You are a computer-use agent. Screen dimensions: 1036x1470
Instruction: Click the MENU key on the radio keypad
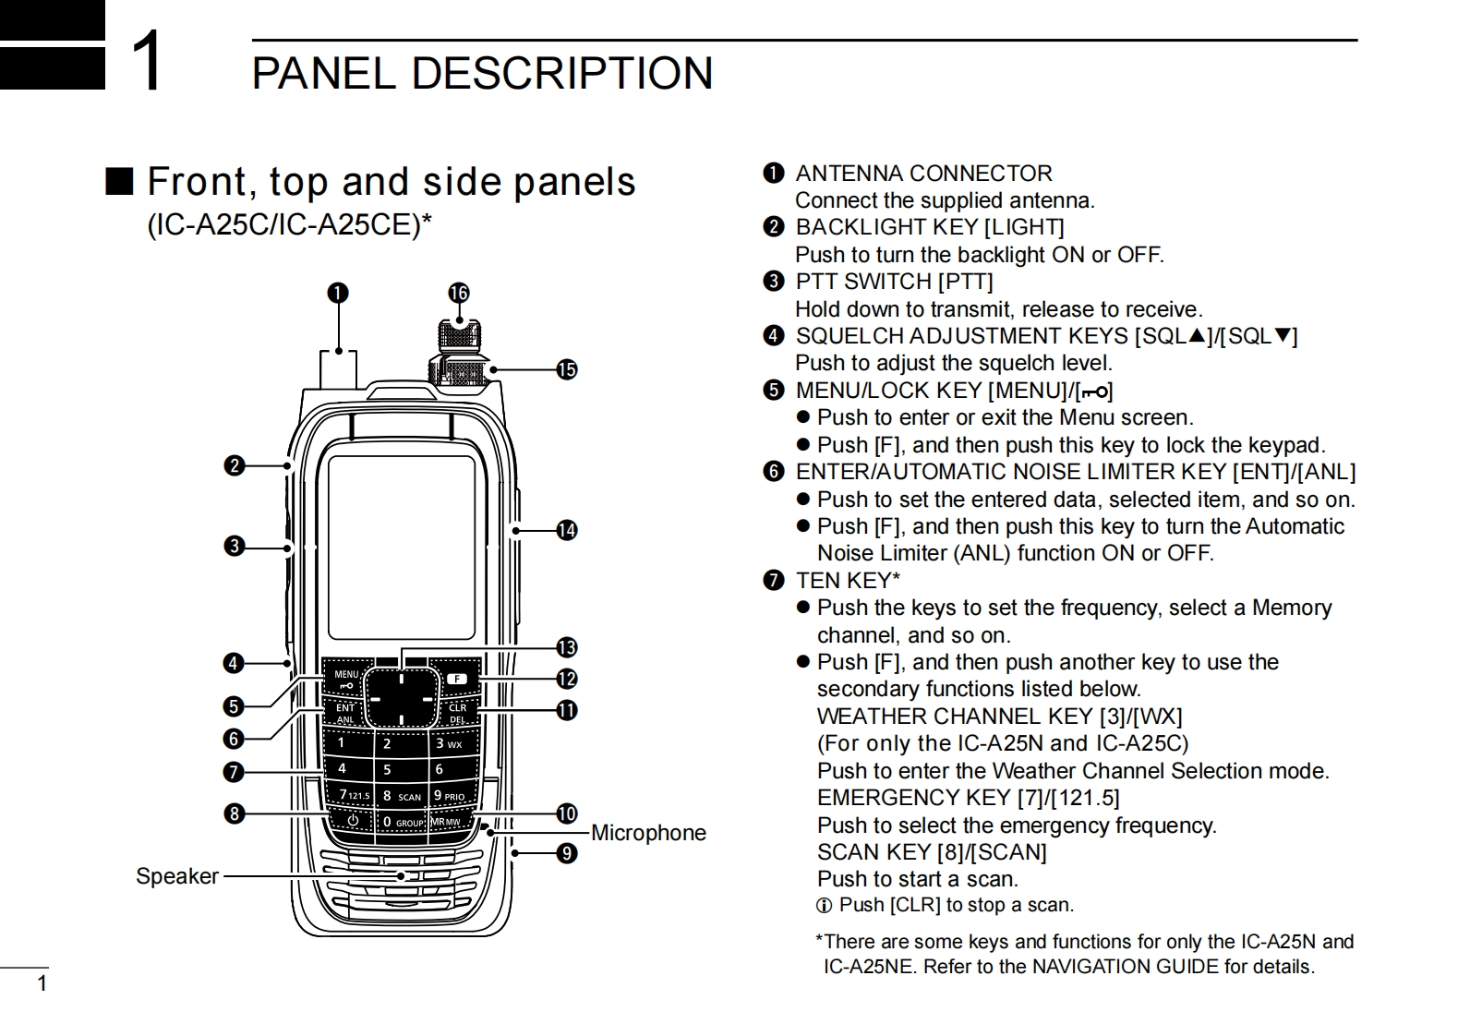pos(346,679)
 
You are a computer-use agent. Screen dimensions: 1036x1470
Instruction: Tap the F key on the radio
pos(457,680)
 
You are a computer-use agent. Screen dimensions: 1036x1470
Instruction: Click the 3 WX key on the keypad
pos(449,743)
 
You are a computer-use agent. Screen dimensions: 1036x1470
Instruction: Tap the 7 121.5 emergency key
pos(353,795)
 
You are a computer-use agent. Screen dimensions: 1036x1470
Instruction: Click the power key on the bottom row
pos(352,820)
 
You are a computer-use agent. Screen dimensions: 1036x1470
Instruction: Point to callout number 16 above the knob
pos(459,293)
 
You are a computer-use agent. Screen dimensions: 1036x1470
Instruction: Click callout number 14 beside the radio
pos(566,530)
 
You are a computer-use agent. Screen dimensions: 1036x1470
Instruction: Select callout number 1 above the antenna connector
pos(338,293)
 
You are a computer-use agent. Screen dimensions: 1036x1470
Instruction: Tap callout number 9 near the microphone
pos(566,853)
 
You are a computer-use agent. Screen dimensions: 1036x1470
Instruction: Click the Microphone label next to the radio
pos(648,833)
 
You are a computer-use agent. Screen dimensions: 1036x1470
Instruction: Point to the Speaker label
pos(177,876)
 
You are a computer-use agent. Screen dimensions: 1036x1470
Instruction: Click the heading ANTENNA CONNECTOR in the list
pos(923,174)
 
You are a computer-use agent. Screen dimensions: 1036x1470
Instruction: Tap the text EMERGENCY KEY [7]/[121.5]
pos(968,798)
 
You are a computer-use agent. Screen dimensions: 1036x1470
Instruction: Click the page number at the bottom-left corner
pos(41,983)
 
